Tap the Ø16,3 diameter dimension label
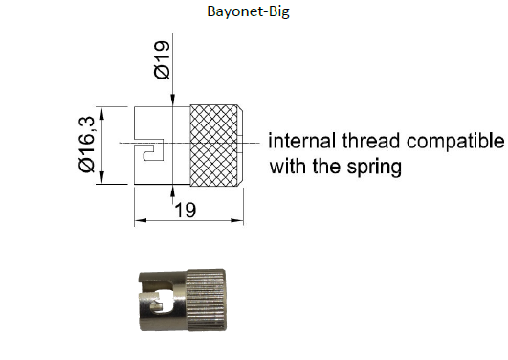(87, 144)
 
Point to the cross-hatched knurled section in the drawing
(215, 144)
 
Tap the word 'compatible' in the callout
(453, 142)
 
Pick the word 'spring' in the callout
(373, 166)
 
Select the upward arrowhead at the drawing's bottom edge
(173, 191)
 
